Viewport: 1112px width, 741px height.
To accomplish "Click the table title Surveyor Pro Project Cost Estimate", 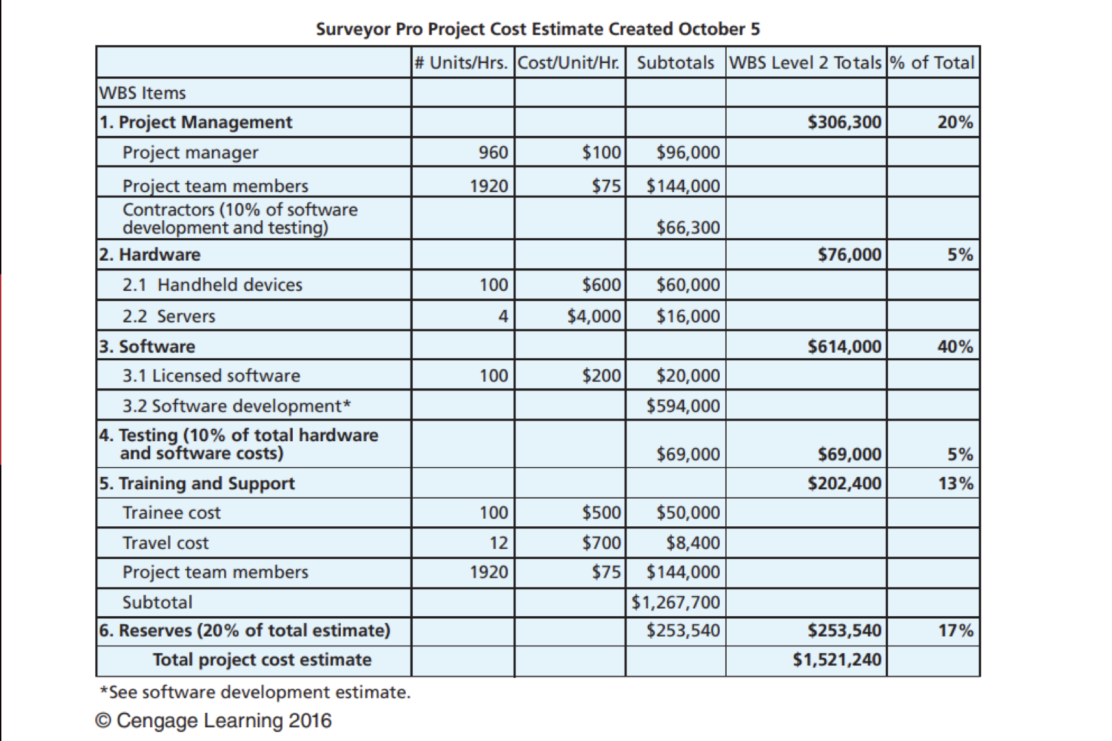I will tap(537, 30).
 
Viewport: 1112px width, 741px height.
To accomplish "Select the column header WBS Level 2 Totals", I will tap(805, 62).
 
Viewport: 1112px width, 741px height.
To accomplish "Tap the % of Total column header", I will tap(932, 62).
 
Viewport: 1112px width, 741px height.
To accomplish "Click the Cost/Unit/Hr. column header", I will tap(568, 62).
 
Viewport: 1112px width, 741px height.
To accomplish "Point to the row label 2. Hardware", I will tap(150, 255).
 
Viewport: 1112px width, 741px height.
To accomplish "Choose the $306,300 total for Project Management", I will tap(844, 122).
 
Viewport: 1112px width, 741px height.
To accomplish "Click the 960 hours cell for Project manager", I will tap(493, 152).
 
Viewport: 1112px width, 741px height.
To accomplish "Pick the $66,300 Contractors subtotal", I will tap(688, 227).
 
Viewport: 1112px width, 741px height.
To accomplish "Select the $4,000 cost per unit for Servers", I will tap(594, 316).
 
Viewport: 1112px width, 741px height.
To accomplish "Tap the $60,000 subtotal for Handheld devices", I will tap(688, 285).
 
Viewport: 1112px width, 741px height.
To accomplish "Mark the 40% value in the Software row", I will tap(955, 346).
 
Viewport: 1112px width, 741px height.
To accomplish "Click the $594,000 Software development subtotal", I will tap(683, 406).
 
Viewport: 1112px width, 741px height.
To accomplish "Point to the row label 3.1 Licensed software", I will tap(211, 376).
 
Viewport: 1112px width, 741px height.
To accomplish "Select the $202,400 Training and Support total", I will tap(844, 484).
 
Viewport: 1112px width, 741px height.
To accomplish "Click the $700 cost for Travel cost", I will tap(601, 543).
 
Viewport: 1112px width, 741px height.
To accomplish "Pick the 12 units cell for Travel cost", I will tap(498, 543).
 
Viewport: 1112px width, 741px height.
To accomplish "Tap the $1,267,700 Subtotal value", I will tap(675, 602).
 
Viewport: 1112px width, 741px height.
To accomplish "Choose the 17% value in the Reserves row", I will tap(955, 631).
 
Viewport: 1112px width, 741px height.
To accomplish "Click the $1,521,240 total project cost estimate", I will tap(837, 660).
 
